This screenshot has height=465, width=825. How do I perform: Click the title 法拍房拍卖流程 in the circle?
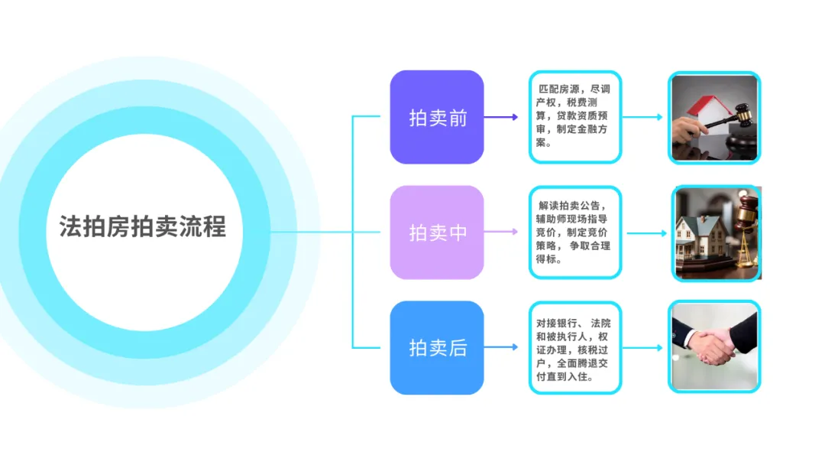[143, 227]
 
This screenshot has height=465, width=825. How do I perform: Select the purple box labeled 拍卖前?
[437, 117]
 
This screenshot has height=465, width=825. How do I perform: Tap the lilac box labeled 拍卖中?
[437, 232]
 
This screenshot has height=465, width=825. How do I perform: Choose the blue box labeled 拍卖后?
[437, 348]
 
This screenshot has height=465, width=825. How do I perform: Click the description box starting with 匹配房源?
[574, 116]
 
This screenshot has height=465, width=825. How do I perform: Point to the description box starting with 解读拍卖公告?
[574, 232]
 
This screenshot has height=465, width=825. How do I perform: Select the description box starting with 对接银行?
[574, 348]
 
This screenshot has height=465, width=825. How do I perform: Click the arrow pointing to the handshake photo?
[642, 348]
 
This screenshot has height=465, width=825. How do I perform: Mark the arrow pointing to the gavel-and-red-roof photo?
[642, 117]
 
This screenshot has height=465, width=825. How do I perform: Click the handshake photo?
[714, 347]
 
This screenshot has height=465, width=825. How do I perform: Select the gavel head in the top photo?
[740, 115]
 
